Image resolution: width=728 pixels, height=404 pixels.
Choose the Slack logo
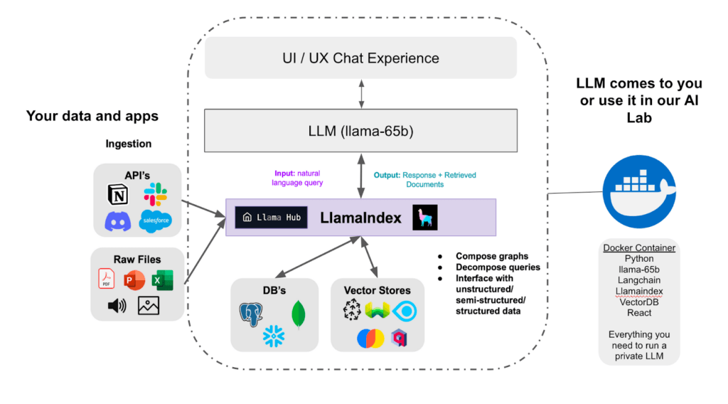(154, 194)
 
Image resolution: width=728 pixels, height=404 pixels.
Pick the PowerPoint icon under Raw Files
(134, 280)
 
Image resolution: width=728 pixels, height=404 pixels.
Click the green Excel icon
(162, 280)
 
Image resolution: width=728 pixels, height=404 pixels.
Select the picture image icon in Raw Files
(149, 306)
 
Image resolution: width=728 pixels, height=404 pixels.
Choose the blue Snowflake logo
(274, 336)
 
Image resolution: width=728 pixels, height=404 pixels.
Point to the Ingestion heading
(129, 144)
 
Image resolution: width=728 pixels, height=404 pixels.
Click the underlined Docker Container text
(639, 248)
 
